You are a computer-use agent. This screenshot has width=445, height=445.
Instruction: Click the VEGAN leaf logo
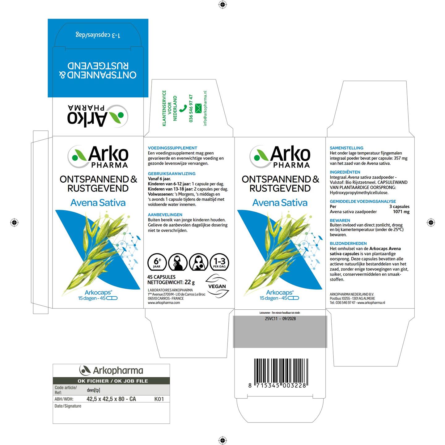pos(217,286)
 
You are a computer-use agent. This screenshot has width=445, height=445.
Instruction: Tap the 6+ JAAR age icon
pos(157,262)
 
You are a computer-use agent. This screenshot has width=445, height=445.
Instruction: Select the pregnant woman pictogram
pos(178,262)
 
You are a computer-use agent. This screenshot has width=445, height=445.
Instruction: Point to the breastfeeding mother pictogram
pos(198,262)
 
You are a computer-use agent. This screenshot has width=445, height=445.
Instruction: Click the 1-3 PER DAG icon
pos(219,262)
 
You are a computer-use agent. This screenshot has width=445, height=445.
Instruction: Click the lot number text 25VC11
pos(271,318)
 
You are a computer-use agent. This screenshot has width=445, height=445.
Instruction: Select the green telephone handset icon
pos(183,108)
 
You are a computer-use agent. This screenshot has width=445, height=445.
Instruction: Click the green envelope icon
pos(198,108)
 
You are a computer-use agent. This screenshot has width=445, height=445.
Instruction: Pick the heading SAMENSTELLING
pos(346,148)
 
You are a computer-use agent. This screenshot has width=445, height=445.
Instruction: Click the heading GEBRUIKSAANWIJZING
pos(172,173)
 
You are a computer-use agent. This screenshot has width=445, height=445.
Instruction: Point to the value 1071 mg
pos(401,212)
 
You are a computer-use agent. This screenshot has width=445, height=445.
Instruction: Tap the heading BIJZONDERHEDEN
pos(348,244)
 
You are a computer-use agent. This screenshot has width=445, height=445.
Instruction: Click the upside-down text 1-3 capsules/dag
pos(98,35)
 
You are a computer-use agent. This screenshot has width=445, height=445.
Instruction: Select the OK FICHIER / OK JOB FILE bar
pos(111,381)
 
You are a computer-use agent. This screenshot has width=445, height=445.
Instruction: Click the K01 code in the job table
pos(159,399)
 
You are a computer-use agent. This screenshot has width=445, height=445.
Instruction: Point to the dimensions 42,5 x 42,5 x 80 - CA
pos(111,399)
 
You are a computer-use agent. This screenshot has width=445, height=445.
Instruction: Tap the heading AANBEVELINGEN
pos(165,214)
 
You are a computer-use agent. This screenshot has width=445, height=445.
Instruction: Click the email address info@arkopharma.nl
pos(205,108)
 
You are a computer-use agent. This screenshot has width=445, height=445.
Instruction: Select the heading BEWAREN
pos(340,220)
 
